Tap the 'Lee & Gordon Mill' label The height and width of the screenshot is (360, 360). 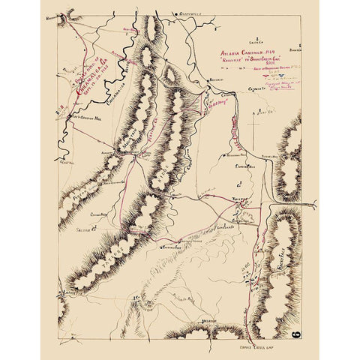click(82, 118)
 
